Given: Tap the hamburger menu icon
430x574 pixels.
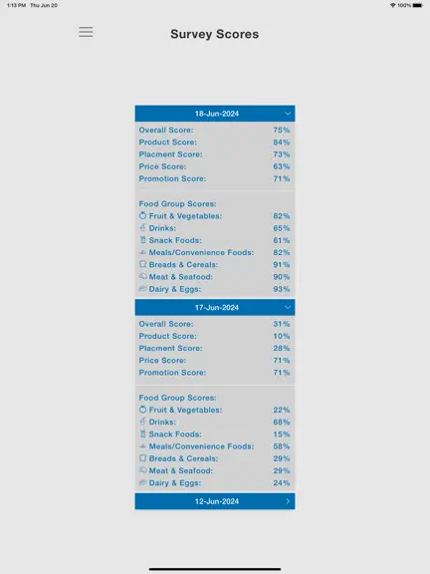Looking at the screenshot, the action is coord(86,32).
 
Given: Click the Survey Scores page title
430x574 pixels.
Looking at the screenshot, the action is coord(215,34).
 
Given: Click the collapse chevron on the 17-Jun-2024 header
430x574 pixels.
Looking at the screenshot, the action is coord(288,307).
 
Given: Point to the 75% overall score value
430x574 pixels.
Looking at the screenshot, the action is coord(282,130).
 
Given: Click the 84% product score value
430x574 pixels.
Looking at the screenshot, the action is coord(282,143).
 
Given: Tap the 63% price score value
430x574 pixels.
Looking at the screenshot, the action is coord(282,166).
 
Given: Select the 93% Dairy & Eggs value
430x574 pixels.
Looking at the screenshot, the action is coord(282,289).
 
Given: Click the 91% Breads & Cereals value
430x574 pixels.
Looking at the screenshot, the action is coord(282,265).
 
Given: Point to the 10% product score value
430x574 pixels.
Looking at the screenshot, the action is coord(282,336).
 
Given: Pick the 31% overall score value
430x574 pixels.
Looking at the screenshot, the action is coord(282,324).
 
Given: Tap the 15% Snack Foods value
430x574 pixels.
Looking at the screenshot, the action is coord(282,434).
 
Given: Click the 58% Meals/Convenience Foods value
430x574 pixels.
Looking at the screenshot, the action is coord(282,446).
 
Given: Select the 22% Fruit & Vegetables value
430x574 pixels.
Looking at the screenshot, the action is coord(282,410).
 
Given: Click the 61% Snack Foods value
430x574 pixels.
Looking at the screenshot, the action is coord(282,240).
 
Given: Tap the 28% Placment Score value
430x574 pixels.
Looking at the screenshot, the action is coord(282,348).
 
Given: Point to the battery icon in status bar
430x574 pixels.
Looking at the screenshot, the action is coord(418,6).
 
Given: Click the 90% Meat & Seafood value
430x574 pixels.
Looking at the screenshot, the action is coord(282,277).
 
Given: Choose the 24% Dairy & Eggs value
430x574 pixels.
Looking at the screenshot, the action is coord(282,483).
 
